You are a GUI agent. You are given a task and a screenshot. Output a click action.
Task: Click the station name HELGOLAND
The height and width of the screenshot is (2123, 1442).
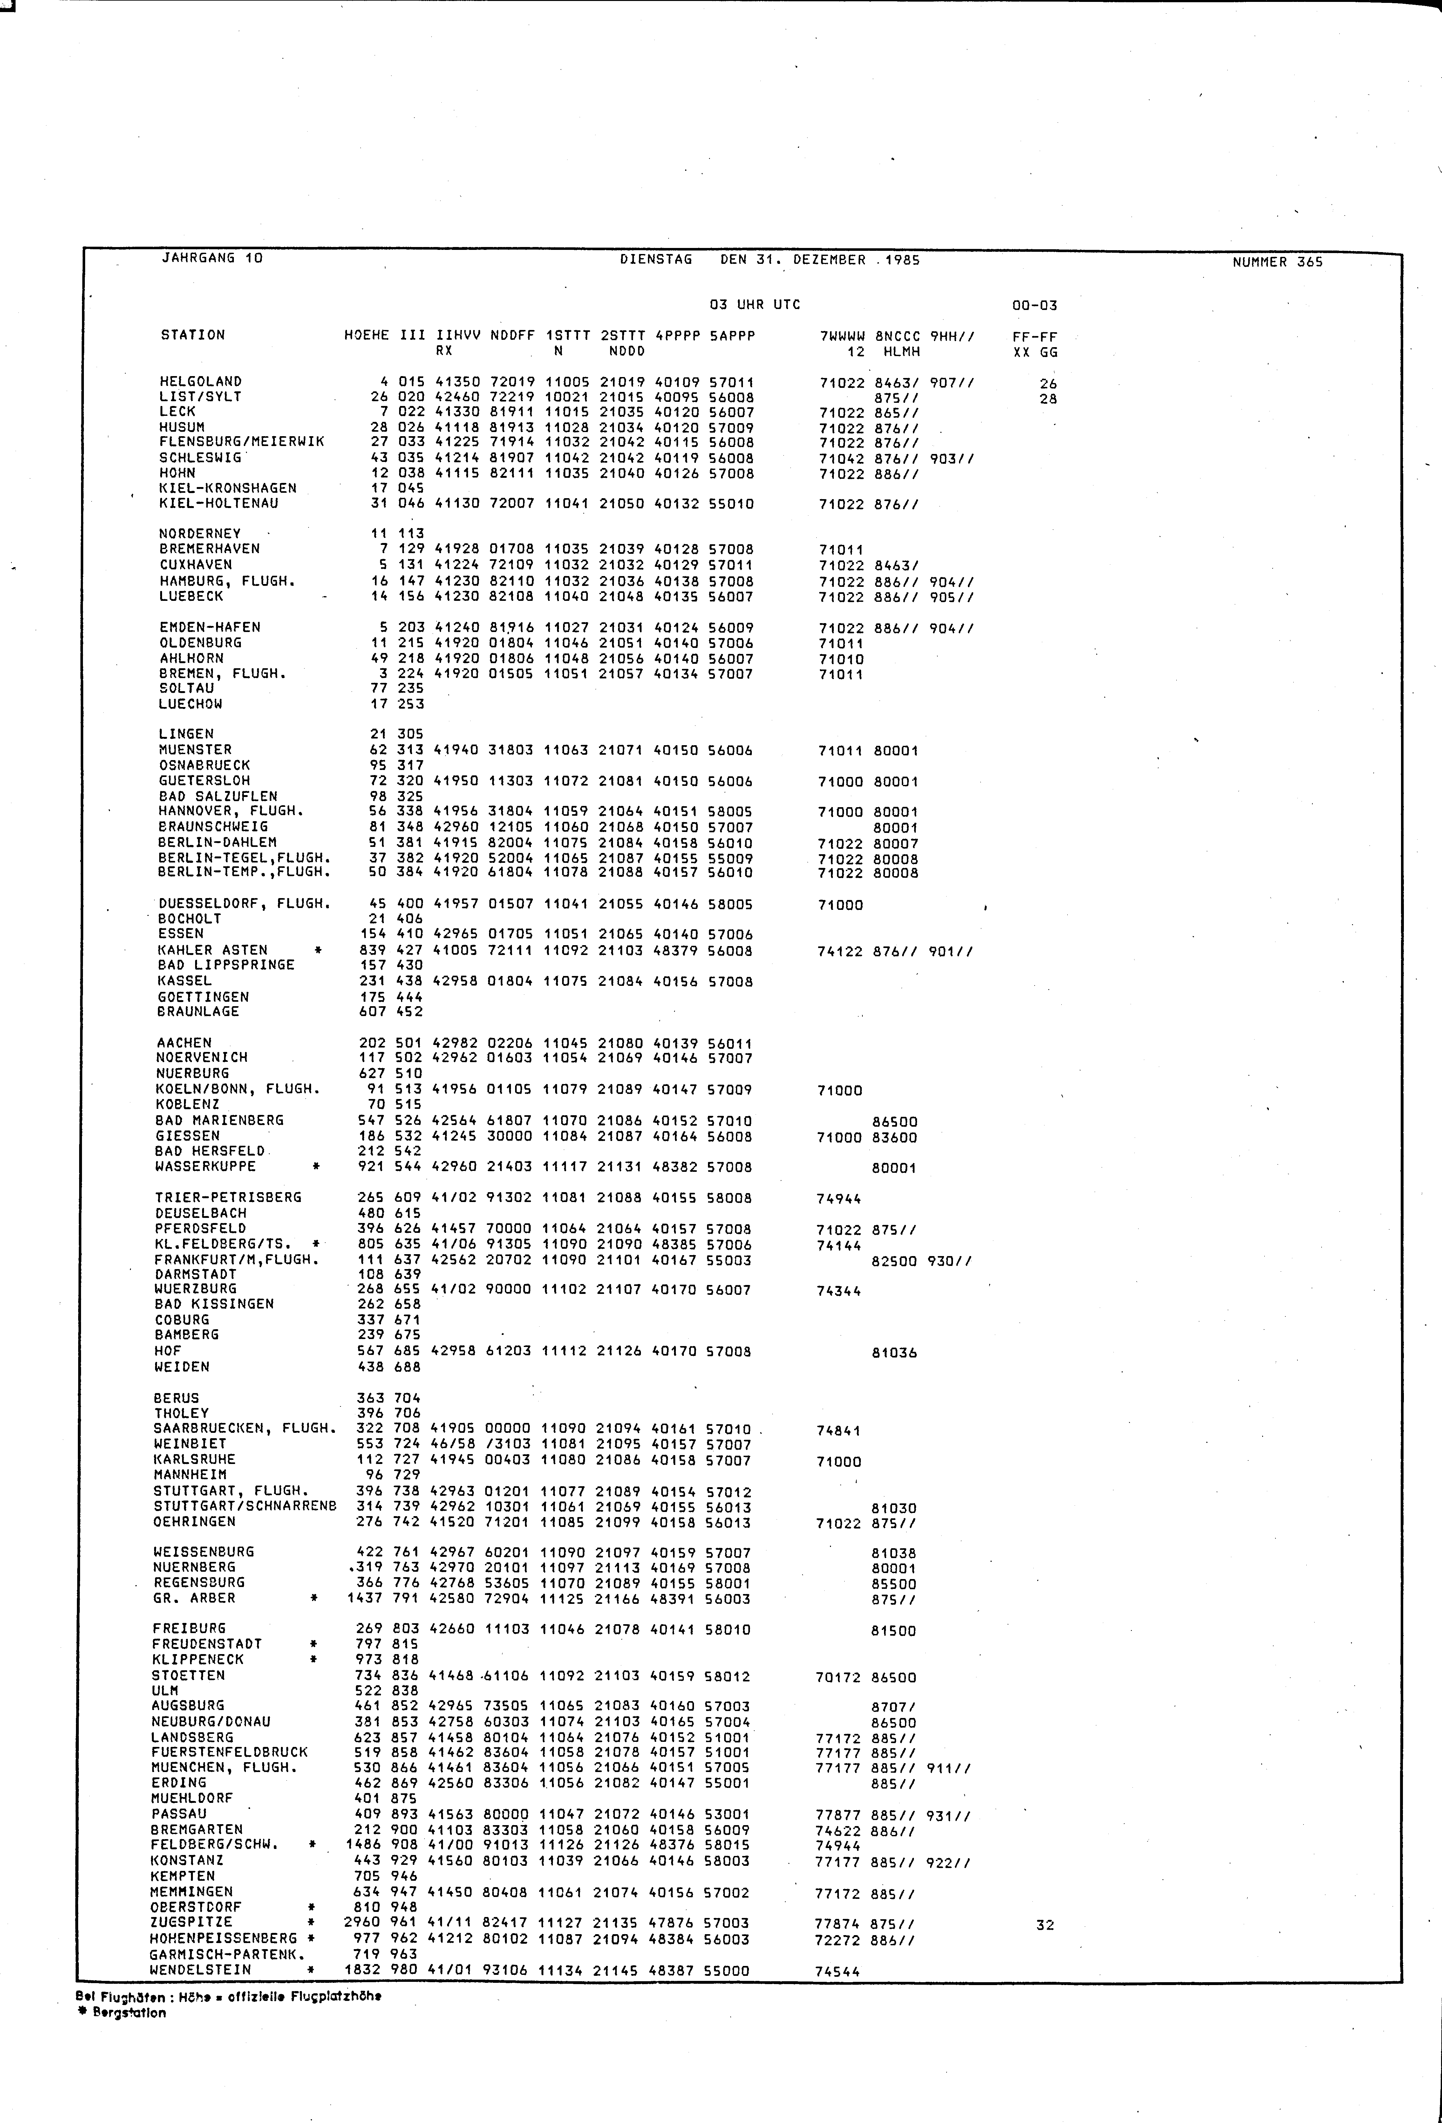[200, 382]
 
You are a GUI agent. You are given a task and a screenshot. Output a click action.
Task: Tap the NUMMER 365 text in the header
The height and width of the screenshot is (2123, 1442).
[1277, 262]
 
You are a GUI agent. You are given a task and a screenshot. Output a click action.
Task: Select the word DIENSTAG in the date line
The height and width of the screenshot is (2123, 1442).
[656, 259]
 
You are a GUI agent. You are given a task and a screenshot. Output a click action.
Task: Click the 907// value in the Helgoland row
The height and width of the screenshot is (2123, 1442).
[952, 383]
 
